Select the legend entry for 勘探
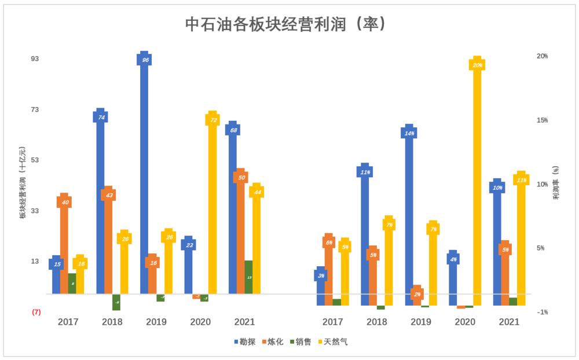pos(245,342)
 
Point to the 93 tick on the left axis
pos(36,59)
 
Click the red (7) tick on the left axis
pos(36,312)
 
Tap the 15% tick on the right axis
pos(542,120)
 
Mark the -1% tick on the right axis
pos(542,312)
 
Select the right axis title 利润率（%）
pos(555,182)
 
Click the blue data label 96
pos(145,60)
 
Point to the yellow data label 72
pos(213,120)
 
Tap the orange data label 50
pos(241,177)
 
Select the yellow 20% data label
pos(477,65)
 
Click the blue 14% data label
pos(409,133)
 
